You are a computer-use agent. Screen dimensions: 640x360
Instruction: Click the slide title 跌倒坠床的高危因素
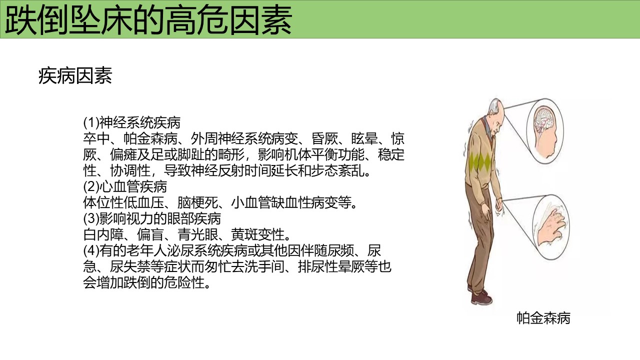pyautogui.click(x=148, y=20)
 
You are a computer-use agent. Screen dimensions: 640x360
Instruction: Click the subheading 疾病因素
pyautogui.click(x=75, y=76)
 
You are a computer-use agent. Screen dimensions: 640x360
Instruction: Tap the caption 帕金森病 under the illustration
pyautogui.click(x=543, y=318)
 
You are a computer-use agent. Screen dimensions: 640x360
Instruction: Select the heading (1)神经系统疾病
pyautogui.click(x=131, y=123)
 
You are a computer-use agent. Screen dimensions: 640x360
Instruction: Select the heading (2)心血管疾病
pyautogui.click(x=125, y=187)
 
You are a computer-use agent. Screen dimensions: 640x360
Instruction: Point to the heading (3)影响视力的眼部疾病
pyautogui.click(x=152, y=219)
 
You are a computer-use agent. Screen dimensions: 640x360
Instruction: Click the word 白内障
pyautogui.click(x=103, y=235)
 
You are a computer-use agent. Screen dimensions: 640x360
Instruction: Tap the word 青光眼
pyautogui.click(x=197, y=235)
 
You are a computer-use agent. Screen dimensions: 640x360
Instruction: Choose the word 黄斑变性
pyautogui.click(x=257, y=235)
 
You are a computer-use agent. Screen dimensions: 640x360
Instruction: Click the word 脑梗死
pyautogui.click(x=197, y=203)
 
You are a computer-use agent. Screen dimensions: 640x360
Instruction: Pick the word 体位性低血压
pyautogui.click(x=123, y=203)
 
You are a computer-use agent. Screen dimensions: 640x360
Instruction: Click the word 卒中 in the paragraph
pyautogui.click(x=96, y=139)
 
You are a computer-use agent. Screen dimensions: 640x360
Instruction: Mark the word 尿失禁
pyautogui.click(x=130, y=267)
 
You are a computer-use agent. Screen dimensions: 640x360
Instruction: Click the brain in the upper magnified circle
pyautogui.click(x=544, y=120)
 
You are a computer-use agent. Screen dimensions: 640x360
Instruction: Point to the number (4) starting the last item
pyautogui.click(x=91, y=251)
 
